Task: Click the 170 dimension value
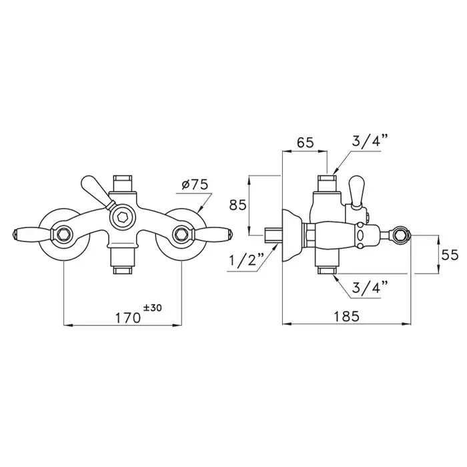[x=128, y=318]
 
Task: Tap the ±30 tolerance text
[x=153, y=308]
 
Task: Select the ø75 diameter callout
[x=195, y=185]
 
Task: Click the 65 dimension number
[x=306, y=143]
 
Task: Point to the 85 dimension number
[x=238, y=205]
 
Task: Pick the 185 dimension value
[x=346, y=316]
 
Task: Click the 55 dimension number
[x=450, y=256]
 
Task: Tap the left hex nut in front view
[x=63, y=233]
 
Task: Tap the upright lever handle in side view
[x=356, y=192]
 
